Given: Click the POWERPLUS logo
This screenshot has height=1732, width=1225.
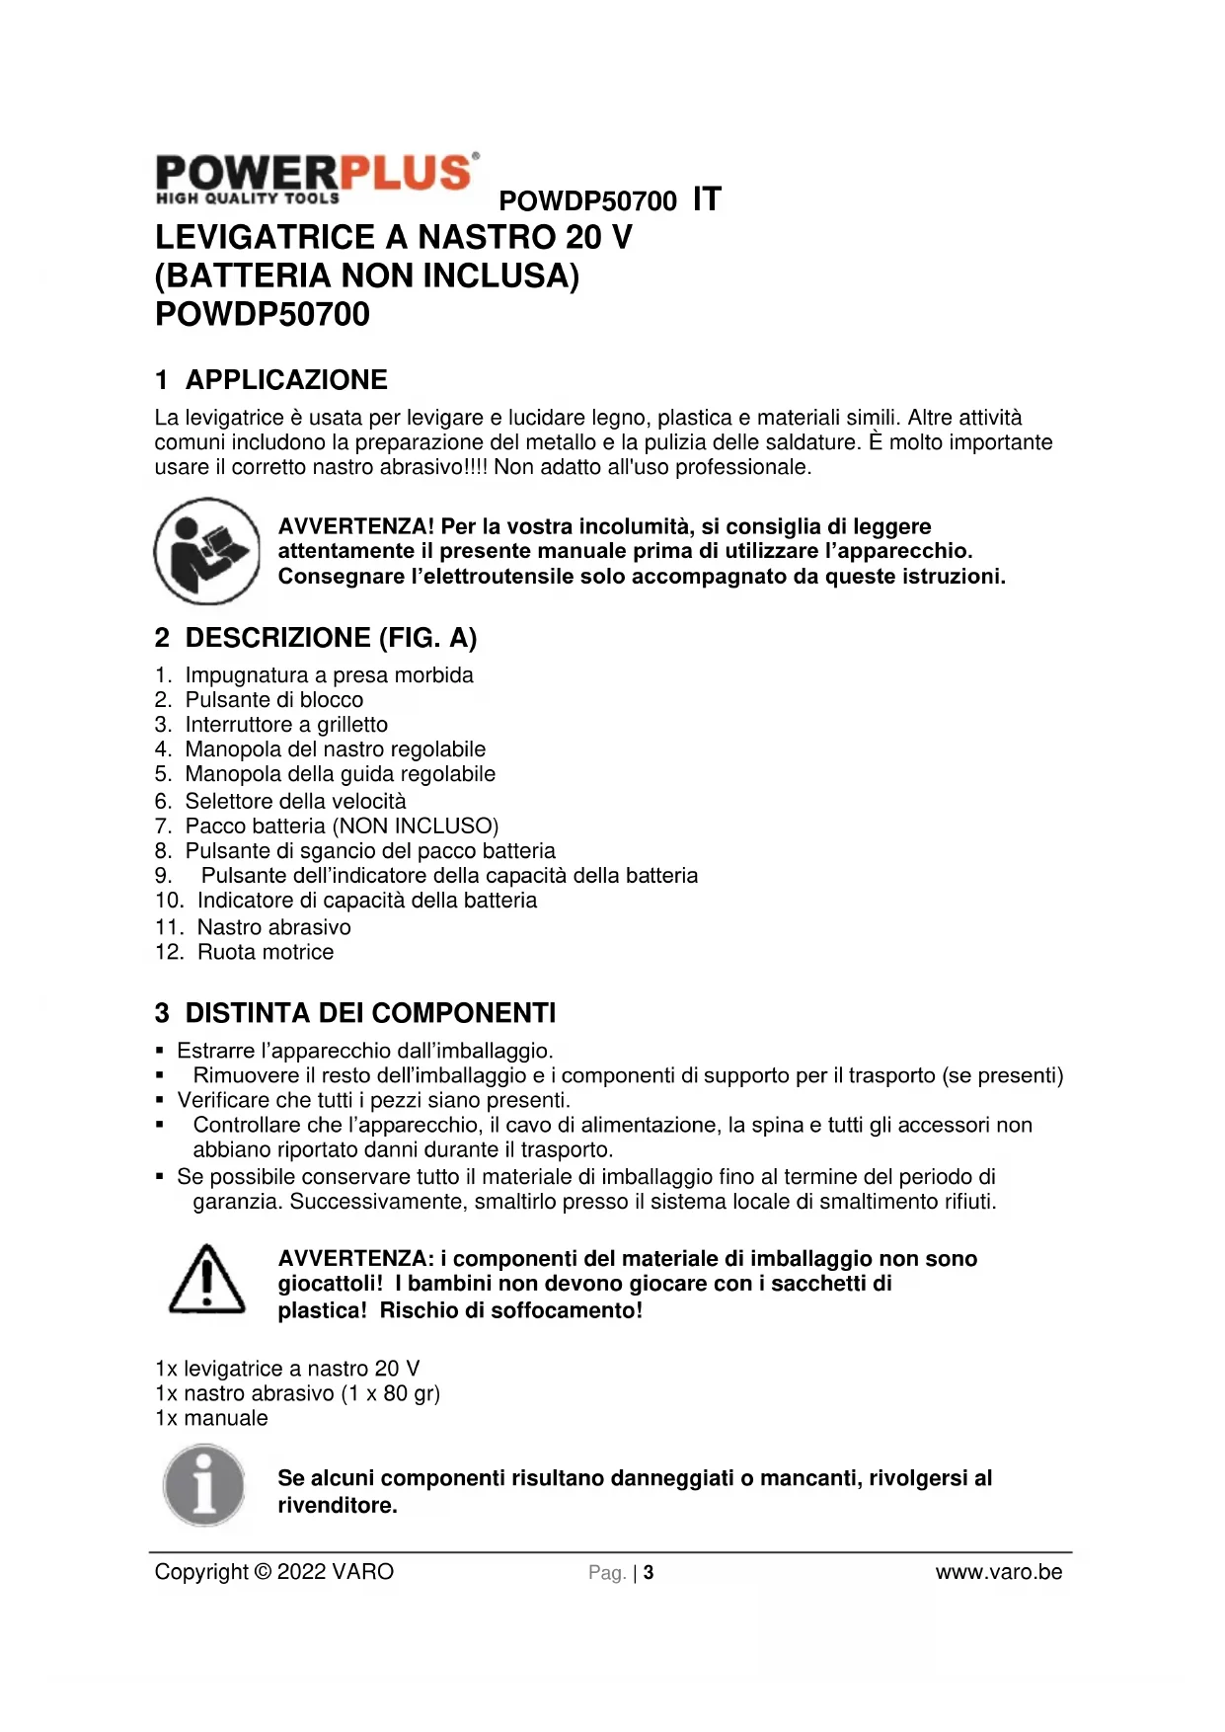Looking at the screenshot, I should (317, 179).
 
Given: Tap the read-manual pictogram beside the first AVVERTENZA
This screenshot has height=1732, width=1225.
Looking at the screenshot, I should (206, 551).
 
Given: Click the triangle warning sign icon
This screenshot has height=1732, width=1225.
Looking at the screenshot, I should (206, 1280).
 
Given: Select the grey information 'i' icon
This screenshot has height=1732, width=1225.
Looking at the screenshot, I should (204, 1485).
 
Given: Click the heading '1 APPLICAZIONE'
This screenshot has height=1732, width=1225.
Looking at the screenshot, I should (271, 380).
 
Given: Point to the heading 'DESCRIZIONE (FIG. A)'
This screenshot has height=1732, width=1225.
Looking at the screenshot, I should (331, 638).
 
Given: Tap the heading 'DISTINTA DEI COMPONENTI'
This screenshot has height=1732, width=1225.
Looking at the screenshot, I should (370, 1013).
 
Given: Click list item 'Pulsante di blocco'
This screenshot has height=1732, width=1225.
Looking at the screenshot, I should (273, 700).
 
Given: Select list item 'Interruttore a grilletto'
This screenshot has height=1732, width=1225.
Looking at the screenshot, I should (286, 725).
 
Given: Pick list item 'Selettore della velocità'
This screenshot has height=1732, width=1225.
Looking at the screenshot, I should (295, 801).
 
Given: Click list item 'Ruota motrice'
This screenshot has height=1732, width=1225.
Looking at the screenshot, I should (266, 952).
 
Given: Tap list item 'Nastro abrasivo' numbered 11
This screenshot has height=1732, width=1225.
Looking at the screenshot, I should (273, 927).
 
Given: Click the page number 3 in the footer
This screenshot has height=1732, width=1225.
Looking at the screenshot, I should (649, 1573).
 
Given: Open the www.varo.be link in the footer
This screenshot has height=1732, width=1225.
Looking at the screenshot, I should (998, 1572).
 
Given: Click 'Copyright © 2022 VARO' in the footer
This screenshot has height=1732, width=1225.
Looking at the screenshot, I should (273, 1572).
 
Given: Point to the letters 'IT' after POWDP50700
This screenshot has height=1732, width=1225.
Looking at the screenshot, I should (707, 199).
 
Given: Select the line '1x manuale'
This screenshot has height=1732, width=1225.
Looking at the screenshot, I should (211, 1418).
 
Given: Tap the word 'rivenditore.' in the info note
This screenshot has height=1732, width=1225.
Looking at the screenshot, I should (338, 1506).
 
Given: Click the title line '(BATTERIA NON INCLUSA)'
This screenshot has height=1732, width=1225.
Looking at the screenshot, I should (367, 276).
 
